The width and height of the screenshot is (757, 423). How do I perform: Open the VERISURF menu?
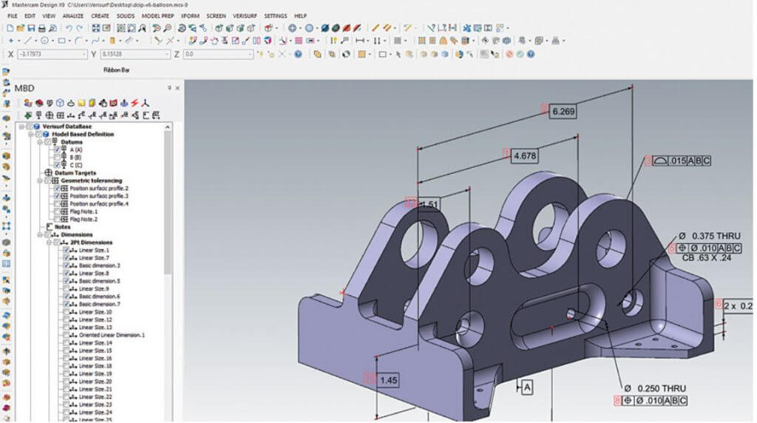pos(245,16)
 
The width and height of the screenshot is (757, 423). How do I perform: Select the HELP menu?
pos(300,16)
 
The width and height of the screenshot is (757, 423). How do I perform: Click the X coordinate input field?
pos(52,54)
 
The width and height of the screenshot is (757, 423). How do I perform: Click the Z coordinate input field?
pos(218,54)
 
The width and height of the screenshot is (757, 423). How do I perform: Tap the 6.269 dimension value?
pos(562,111)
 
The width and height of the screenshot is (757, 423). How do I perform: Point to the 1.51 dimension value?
pos(429,203)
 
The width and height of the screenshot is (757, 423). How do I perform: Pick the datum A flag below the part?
pos(526,386)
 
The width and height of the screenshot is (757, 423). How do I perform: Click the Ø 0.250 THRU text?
pos(655,389)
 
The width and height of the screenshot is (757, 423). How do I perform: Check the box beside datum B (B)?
pos(58,158)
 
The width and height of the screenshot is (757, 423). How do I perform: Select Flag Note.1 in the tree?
pos(83,211)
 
